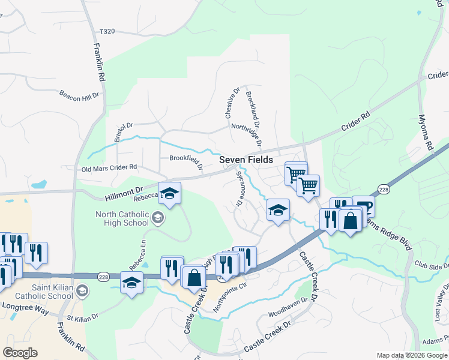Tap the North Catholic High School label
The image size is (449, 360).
[122, 218]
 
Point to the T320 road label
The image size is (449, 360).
[107, 31]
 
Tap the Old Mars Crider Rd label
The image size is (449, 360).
[109, 167]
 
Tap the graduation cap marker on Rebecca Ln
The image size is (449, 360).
[170, 193]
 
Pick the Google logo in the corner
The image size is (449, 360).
[20, 353]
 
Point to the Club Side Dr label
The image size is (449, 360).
[432, 266]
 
